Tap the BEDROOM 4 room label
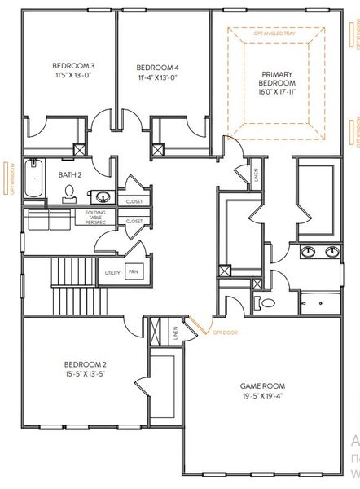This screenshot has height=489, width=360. pyautogui.click(x=156, y=67)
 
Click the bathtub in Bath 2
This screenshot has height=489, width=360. pyautogui.click(x=33, y=178)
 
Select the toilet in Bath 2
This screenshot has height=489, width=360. pyautogui.click(x=69, y=193)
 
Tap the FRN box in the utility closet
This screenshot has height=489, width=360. pyautogui.click(x=132, y=272)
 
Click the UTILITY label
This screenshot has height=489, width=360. pyautogui.click(x=112, y=272)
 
